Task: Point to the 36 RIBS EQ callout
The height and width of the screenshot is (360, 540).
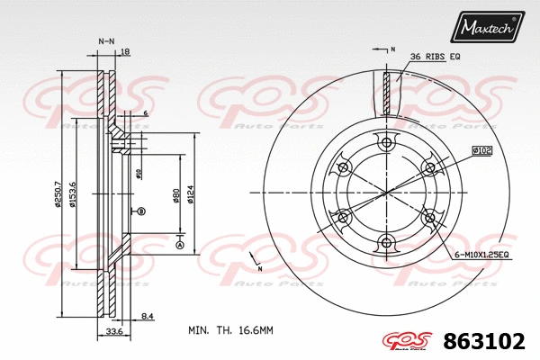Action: click(x=435, y=57)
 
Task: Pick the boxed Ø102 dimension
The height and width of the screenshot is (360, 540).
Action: click(x=480, y=151)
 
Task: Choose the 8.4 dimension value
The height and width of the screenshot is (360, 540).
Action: click(x=147, y=316)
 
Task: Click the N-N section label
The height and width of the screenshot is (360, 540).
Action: click(x=106, y=41)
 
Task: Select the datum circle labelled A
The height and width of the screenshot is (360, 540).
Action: click(x=179, y=246)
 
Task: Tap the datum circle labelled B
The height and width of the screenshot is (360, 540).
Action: click(x=141, y=211)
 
